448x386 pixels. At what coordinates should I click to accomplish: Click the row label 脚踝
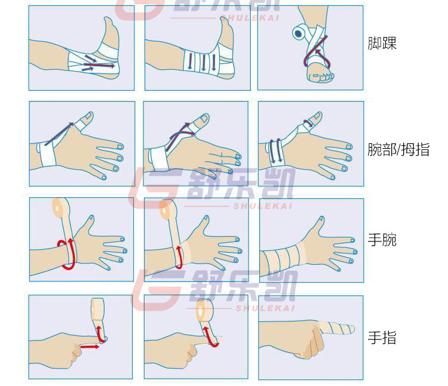click(x=382, y=44)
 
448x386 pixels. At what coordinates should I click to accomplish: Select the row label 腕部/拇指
click(x=398, y=149)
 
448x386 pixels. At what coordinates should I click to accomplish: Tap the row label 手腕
click(x=382, y=240)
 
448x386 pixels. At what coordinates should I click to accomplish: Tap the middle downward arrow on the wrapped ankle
click(x=198, y=62)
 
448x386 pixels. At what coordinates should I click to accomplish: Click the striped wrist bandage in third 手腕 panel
click(x=284, y=258)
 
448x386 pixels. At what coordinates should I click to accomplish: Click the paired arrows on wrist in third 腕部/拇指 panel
click(x=275, y=150)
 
